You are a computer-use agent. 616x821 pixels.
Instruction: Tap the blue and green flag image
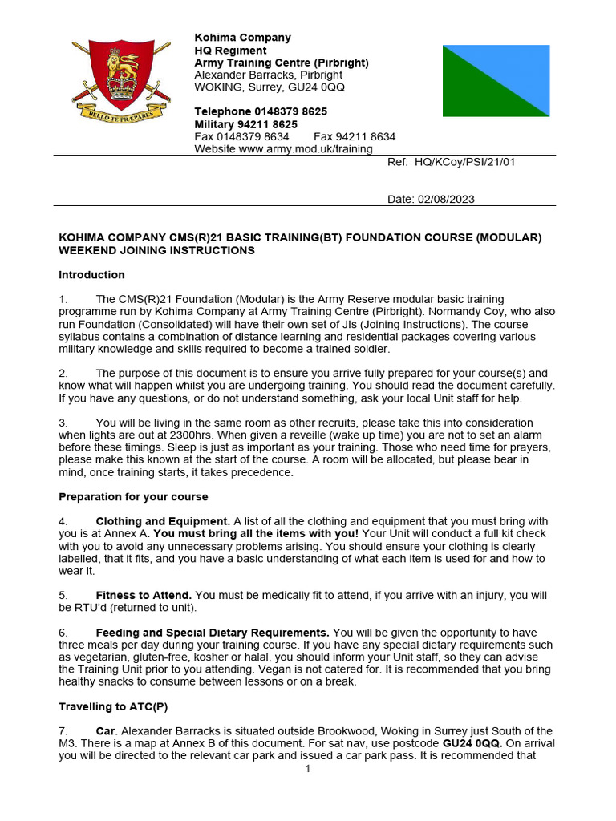pos(496,81)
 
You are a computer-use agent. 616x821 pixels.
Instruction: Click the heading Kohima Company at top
pos(242,38)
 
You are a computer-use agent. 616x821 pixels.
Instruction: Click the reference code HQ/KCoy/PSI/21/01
pos(464,161)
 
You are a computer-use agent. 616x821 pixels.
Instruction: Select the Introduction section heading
pos(91,275)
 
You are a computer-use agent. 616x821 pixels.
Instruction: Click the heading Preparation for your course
pos(133,496)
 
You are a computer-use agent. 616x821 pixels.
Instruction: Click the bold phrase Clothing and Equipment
pos(163,521)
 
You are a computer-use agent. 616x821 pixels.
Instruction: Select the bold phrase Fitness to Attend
pos(144,595)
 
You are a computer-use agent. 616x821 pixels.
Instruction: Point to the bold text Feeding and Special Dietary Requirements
pos(213,632)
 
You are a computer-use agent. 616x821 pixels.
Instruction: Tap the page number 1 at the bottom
pos(307,769)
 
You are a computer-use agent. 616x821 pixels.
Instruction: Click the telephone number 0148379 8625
pos(290,111)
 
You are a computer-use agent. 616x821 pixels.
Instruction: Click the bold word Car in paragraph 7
pos(106,731)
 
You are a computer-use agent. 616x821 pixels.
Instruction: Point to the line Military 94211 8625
pos(245,124)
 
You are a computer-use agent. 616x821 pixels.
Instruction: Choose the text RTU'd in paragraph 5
pos(79,608)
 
